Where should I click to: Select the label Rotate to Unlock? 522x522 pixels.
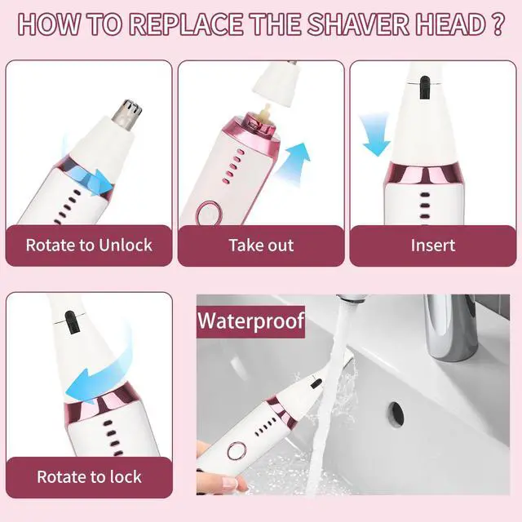[x=89, y=245]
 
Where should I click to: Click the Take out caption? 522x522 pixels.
[x=261, y=246]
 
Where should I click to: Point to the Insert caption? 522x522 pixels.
[x=433, y=246]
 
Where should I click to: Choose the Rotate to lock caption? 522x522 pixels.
[x=89, y=476]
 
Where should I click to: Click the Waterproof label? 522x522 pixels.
[x=250, y=321]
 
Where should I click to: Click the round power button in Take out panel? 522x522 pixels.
[x=209, y=214]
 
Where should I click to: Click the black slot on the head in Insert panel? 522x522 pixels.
[x=424, y=87]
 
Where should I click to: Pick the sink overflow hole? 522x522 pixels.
[x=395, y=412]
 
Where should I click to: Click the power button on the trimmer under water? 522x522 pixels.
[x=237, y=451]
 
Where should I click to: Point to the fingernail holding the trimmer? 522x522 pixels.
[x=230, y=482]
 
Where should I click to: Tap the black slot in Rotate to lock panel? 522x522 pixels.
[x=71, y=322]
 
